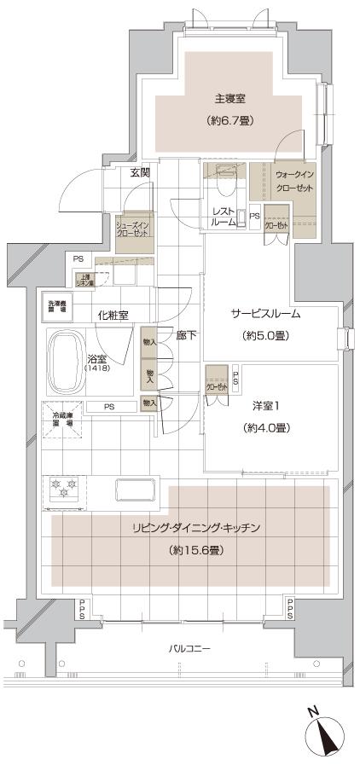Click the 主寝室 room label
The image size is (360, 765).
224,98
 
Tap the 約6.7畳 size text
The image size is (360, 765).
224,121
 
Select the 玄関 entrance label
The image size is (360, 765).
140,173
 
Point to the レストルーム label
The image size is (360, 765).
224,216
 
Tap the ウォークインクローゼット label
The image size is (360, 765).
294,180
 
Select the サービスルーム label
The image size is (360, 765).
265,313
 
